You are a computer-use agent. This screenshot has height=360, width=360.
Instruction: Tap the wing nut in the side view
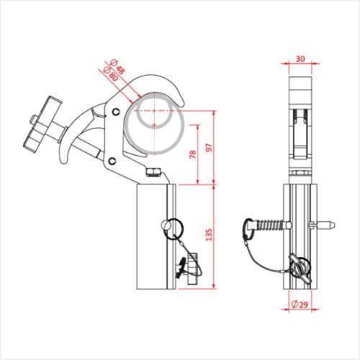300,267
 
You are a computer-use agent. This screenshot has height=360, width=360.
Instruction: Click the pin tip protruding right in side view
329,225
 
